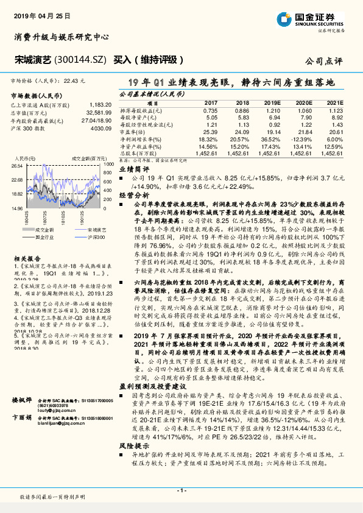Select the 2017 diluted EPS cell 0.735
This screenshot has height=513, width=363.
tap(210, 110)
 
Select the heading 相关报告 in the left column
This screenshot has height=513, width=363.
tap(24, 259)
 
